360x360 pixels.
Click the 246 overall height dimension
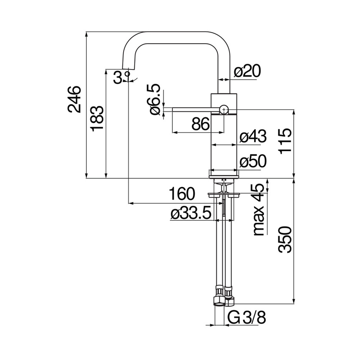[75, 99]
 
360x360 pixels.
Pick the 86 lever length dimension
[200, 125]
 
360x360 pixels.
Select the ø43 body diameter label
[252, 137]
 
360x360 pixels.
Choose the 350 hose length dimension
[286, 239]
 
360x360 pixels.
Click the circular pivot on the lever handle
[224, 110]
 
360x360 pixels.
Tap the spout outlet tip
[127, 68]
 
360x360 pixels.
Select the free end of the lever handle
[166, 110]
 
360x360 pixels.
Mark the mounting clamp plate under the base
[224, 195]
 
